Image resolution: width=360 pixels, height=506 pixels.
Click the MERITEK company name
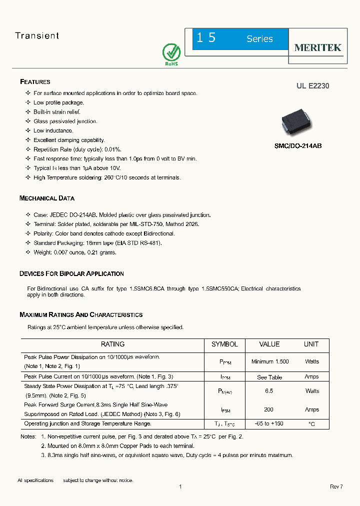[x=317, y=47]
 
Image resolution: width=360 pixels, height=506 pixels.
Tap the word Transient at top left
[x=37, y=35]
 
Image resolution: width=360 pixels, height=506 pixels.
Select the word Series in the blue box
[x=259, y=39]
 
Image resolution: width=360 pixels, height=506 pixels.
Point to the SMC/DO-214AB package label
[x=298, y=146]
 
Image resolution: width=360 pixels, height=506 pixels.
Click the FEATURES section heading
[x=35, y=81]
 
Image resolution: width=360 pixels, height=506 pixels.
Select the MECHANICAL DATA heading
[x=47, y=198]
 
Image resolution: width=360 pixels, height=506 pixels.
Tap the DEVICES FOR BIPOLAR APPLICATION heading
[x=71, y=273]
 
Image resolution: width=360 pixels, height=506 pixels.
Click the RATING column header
[x=112, y=344]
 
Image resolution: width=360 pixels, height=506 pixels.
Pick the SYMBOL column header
[x=224, y=344]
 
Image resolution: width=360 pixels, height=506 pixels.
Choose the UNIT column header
[x=311, y=344]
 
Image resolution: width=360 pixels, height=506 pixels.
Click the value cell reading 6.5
[x=269, y=391]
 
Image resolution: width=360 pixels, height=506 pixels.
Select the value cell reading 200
[x=269, y=409]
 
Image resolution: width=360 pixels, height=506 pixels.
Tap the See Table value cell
[x=269, y=377]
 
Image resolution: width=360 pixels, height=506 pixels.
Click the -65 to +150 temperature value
[x=269, y=423]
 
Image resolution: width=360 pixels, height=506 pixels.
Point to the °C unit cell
[x=311, y=424]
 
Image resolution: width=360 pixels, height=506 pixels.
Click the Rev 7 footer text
[x=336, y=486]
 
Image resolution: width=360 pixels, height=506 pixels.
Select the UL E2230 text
[x=312, y=86]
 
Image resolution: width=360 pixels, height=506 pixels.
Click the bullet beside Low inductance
[x=28, y=131]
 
